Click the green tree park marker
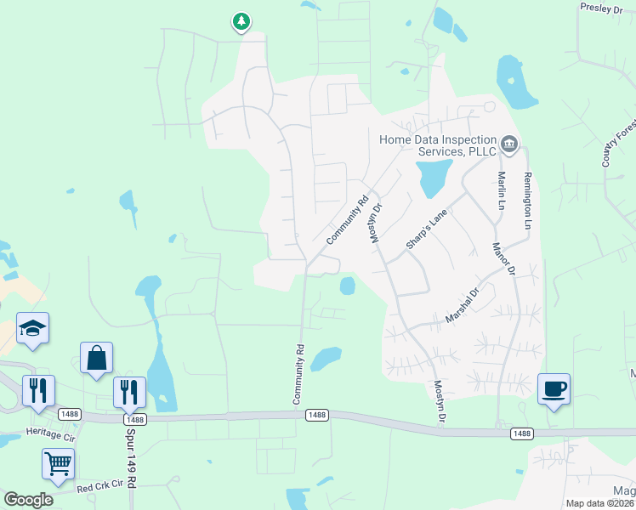point(241,21)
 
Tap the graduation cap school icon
point(32,328)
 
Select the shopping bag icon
point(96,358)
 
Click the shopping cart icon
point(58,463)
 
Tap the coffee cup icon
point(554,389)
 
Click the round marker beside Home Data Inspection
point(509,144)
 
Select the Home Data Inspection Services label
point(438,145)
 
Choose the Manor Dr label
point(505,258)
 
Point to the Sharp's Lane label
point(426,229)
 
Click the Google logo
point(28,500)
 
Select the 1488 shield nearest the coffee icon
point(523,433)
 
